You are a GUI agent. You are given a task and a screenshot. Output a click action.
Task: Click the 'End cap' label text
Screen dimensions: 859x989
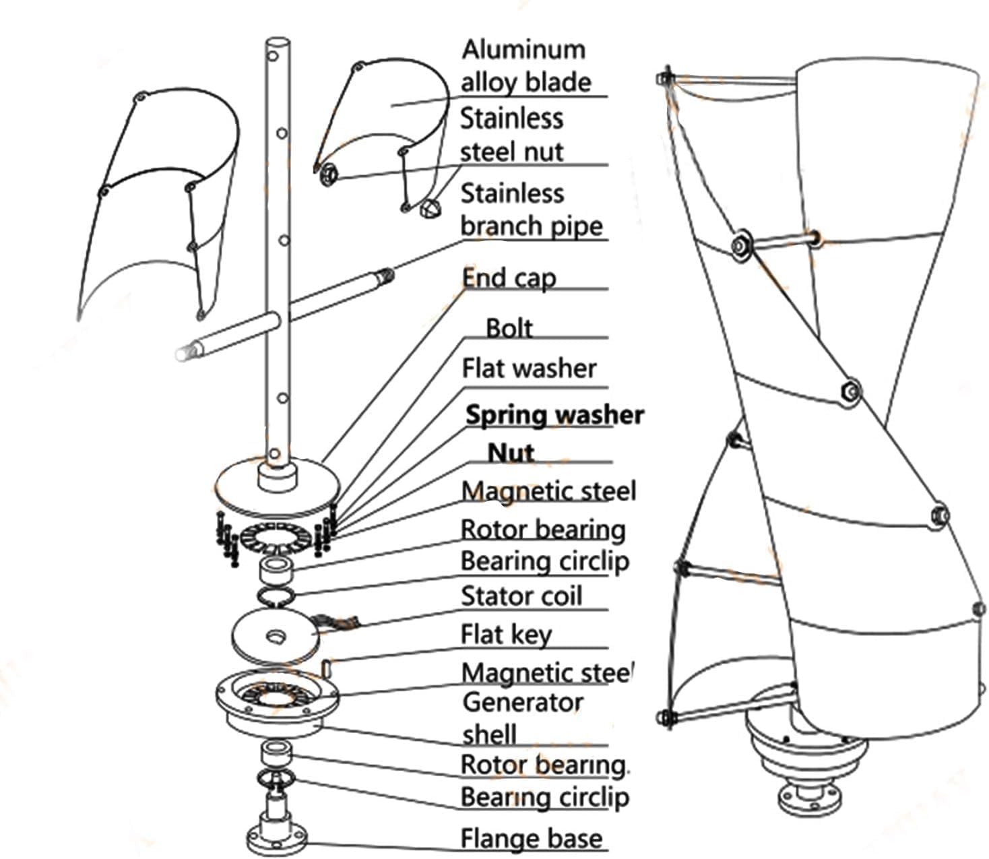(x=509, y=278)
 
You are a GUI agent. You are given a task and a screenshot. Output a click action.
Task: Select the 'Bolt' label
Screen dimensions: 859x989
(x=509, y=328)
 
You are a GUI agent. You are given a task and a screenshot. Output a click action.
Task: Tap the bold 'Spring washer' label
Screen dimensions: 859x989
(x=554, y=415)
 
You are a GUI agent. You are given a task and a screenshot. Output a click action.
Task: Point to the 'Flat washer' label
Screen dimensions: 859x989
(x=529, y=369)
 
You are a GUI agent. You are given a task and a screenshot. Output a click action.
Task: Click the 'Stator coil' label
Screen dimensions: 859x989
(x=521, y=596)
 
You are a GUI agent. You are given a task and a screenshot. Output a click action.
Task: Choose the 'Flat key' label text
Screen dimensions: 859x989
(x=506, y=634)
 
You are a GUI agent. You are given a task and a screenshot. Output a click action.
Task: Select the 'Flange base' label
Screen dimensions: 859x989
(x=531, y=839)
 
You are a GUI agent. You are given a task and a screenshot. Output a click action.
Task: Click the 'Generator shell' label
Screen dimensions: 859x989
(x=522, y=718)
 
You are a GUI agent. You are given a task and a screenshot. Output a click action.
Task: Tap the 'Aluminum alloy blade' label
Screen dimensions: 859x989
(x=525, y=66)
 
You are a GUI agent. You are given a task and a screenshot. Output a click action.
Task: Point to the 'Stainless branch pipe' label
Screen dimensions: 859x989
(x=531, y=210)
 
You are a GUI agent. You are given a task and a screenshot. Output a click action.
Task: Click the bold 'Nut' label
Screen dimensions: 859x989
(x=511, y=453)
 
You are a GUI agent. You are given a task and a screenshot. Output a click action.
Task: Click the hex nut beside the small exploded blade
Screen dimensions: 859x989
(x=328, y=174)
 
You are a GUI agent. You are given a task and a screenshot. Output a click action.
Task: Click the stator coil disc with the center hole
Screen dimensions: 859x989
(x=275, y=636)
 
